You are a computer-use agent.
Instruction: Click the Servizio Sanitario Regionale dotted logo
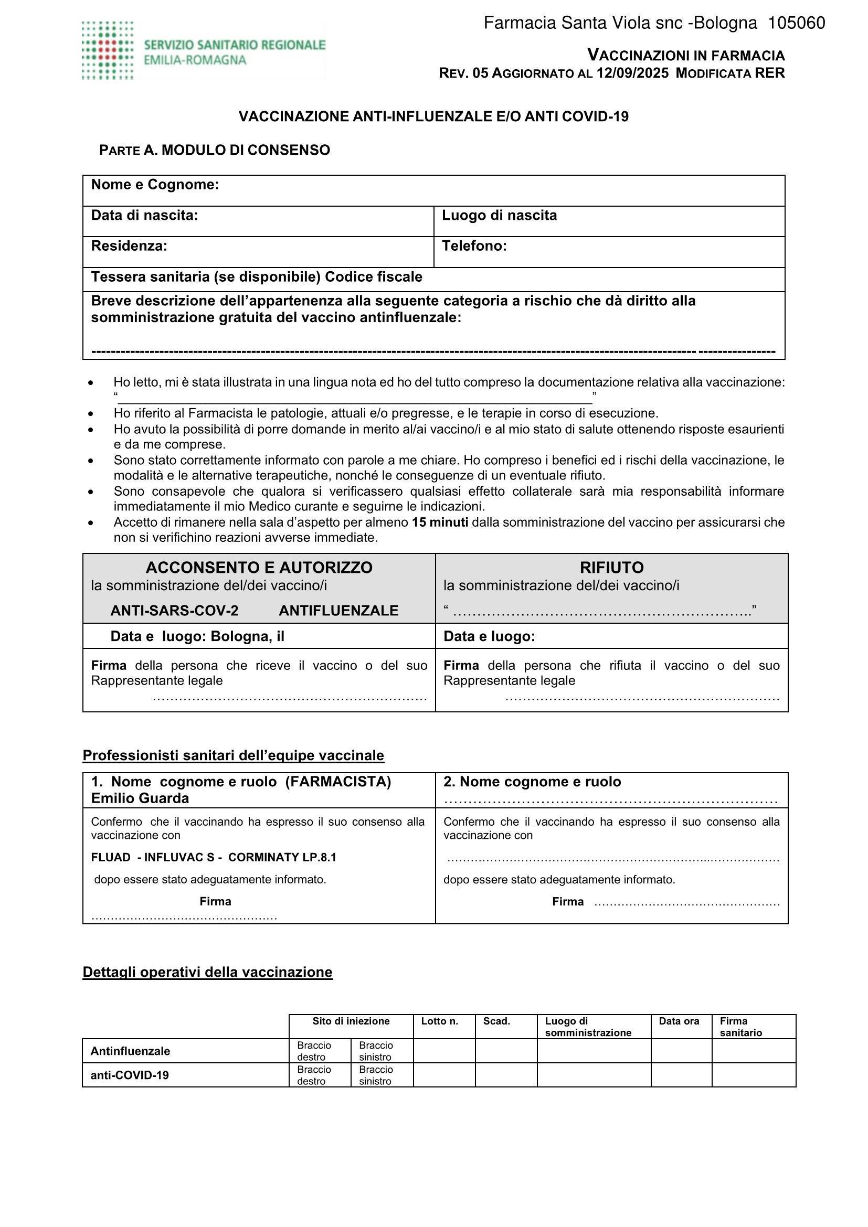tap(108, 51)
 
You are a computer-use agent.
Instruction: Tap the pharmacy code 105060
tap(796, 23)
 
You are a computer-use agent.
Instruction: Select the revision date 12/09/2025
tap(632, 73)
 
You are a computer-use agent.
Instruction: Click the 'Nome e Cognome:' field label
tap(155, 185)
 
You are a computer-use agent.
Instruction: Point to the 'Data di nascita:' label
tap(144, 216)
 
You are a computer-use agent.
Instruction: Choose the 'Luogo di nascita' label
tap(499, 216)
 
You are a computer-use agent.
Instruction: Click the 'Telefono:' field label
tap(474, 246)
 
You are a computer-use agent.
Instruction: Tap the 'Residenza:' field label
tap(129, 246)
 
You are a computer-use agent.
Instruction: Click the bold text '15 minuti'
tap(440, 522)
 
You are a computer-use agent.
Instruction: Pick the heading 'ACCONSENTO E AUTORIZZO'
tap(259, 567)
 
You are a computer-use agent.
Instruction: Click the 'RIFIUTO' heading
tap(611, 567)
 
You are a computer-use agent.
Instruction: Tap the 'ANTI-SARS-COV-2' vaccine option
tap(174, 610)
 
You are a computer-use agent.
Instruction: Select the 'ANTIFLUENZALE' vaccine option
tap(338, 610)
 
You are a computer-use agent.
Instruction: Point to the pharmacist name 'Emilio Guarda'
tap(140, 798)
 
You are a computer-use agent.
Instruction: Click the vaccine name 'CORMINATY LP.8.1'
tap(282, 858)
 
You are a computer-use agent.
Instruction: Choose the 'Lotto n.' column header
tap(439, 1021)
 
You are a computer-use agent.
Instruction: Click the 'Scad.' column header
tap(496, 1021)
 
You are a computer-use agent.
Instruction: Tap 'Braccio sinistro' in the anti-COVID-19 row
tap(376, 1075)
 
